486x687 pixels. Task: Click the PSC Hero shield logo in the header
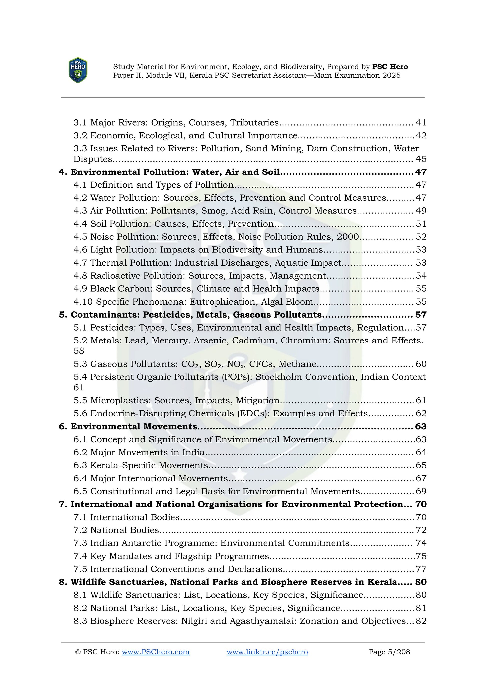click(78, 70)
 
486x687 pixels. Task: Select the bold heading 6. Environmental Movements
click(128, 426)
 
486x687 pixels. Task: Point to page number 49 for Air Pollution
click(421, 211)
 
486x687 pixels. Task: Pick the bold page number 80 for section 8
click(421, 582)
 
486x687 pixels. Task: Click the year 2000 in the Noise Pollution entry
click(348, 237)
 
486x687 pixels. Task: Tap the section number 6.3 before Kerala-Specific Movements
click(80, 465)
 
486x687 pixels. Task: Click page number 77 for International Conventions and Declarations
click(421, 569)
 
